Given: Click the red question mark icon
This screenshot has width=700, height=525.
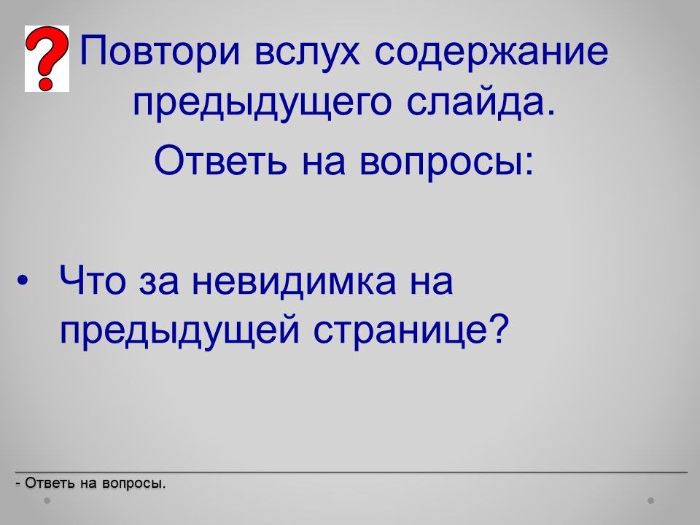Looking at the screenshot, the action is [x=47, y=58].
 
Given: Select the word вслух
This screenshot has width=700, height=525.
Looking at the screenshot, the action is [x=307, y=51].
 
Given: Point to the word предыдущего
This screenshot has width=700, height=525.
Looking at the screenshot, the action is [x=262, y=104].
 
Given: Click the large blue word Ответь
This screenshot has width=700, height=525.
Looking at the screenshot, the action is [x=220, y=160].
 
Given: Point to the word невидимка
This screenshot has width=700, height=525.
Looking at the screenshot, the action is [x=294, y=282].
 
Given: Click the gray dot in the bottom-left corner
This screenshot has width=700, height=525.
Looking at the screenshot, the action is [x=47, y=501].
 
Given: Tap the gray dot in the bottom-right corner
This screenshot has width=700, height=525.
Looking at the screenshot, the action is [x=651, y=501].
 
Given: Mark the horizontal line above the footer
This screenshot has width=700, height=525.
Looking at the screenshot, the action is [x=351, y=472].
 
